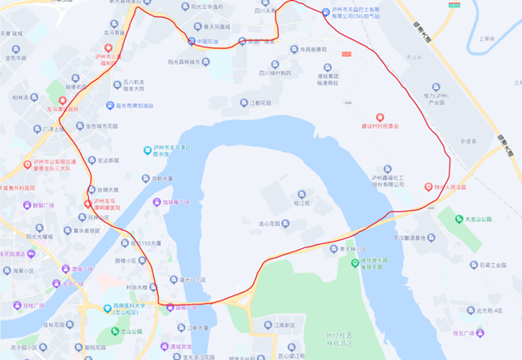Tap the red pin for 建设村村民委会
tap(378, 118)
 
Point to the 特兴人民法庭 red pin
tap(428, 186)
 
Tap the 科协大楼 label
tap(135, 287)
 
